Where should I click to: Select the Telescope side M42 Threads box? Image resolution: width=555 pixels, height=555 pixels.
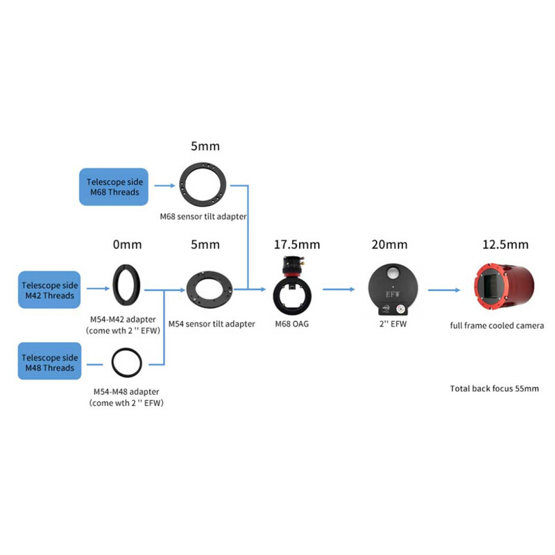(49, 290)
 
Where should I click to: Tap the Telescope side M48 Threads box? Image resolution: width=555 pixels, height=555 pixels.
(49, 362)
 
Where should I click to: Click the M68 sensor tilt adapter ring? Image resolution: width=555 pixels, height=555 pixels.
(203, 185)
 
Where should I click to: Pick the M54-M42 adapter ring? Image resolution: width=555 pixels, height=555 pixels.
(127, 285)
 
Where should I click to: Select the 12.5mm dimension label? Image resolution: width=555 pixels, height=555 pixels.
(505, 244)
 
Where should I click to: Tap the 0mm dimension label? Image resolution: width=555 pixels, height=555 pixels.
(127, 244)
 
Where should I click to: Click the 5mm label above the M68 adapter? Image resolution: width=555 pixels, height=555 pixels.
(204, 147)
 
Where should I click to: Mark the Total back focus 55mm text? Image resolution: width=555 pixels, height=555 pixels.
(494, 388)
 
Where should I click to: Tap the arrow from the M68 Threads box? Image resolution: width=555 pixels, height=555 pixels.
(165, 186)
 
